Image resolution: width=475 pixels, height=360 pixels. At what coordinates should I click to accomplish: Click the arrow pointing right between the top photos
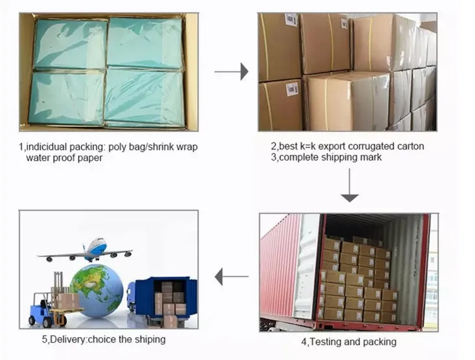[231, 72]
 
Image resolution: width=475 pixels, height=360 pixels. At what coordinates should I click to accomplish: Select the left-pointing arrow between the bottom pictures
[231, 276]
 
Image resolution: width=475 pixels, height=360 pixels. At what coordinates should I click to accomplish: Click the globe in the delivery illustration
[97, 290]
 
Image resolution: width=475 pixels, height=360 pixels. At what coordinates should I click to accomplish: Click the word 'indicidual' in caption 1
[47, 147]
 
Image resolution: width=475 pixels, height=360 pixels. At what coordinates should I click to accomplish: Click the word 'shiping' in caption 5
[150, 339]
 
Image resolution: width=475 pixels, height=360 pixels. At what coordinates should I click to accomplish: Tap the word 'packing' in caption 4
[378, 341]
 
